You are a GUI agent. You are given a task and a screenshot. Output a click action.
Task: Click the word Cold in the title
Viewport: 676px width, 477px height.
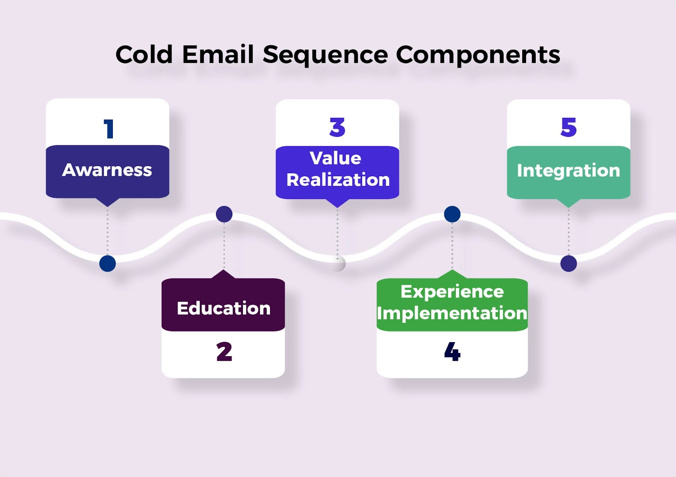point(144,55)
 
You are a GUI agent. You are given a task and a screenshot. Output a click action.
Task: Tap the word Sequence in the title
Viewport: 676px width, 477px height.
point(325,55)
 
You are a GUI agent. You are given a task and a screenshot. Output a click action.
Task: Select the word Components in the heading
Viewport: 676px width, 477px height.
point(478,55)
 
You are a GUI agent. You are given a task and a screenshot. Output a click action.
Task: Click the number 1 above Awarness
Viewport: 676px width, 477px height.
point(109,128)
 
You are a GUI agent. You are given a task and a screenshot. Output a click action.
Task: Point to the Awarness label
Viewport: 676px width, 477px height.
point(107,170)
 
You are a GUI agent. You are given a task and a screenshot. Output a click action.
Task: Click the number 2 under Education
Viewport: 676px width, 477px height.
point(224,352)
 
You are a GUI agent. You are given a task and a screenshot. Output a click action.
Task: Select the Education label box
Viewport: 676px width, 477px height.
point(223,305)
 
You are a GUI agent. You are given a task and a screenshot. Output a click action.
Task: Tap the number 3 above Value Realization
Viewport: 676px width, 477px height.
point(337,128)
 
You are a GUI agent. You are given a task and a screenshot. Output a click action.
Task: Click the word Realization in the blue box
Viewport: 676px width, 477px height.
point(338,180)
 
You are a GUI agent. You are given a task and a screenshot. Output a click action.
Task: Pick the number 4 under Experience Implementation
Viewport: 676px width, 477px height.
point(452,352)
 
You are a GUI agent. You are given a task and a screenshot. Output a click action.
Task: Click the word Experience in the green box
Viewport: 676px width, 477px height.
point(452,292)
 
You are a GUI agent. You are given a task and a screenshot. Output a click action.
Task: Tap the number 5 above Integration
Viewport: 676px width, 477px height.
point(569,128)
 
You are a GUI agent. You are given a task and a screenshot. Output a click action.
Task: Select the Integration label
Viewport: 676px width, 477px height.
point(568,171)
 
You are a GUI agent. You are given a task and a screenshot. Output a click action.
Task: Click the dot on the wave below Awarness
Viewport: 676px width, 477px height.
point(108,264)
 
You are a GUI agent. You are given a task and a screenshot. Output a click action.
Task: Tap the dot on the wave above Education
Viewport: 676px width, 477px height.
point(224,214)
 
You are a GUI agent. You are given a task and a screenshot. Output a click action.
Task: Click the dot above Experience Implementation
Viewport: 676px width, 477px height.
point(452,214)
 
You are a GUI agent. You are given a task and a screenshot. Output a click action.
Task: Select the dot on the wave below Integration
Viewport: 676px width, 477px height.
point(569,264)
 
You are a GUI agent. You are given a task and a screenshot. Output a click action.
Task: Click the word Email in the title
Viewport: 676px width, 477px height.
point(218,55)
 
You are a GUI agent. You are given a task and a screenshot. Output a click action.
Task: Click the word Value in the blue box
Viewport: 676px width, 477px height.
point(335,158)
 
